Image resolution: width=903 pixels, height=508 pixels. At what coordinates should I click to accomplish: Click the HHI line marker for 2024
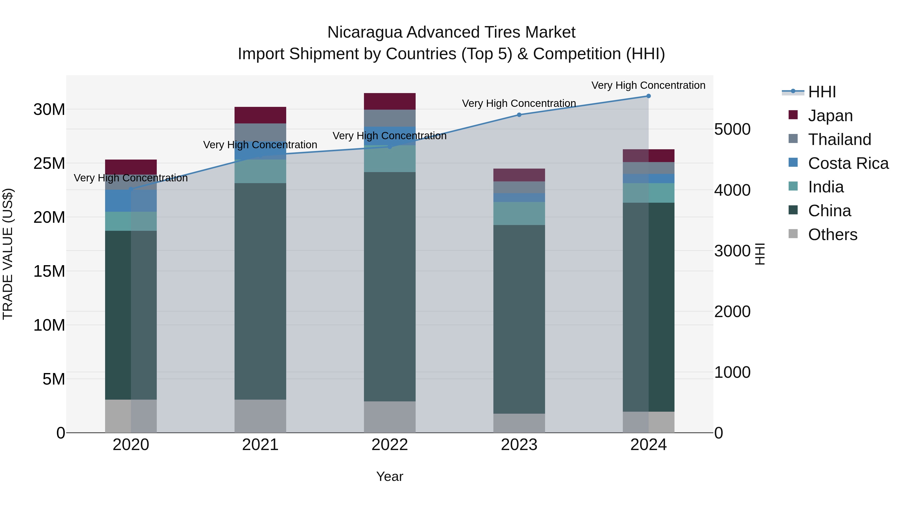click(648, 96)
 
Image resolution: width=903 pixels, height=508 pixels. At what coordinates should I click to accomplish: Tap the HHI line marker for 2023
click(519, 115)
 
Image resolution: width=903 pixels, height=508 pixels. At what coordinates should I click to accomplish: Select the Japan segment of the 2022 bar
click(390, 101)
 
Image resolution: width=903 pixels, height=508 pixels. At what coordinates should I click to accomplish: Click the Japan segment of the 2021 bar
click(260, 115)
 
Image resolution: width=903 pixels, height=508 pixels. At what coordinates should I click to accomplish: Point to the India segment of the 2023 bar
click(519, 213)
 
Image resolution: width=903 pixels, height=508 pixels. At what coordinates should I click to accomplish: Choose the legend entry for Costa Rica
click(848, 163)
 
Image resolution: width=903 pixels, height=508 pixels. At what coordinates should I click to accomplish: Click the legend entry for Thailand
click(839, 139)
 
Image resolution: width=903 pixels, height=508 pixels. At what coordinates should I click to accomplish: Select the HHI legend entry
click(822, 92)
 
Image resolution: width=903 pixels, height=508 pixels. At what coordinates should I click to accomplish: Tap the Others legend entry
click(832, 235)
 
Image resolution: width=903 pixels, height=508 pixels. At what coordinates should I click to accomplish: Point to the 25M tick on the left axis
click(49, 163)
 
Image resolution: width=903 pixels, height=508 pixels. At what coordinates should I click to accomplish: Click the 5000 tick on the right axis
click(732, 129)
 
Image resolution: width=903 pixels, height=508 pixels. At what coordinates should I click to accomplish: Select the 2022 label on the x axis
click(390, 445)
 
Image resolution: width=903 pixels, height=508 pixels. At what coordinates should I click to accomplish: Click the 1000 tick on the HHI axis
click(732, 372)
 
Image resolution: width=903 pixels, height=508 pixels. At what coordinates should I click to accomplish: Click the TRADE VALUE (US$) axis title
click(8, 254)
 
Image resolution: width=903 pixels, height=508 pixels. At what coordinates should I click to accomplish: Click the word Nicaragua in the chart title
click(364, 32)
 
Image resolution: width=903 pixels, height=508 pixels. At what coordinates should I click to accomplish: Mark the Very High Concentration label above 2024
click(648, 85)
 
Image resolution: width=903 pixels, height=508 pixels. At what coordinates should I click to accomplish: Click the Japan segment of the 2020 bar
click(131, 167)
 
